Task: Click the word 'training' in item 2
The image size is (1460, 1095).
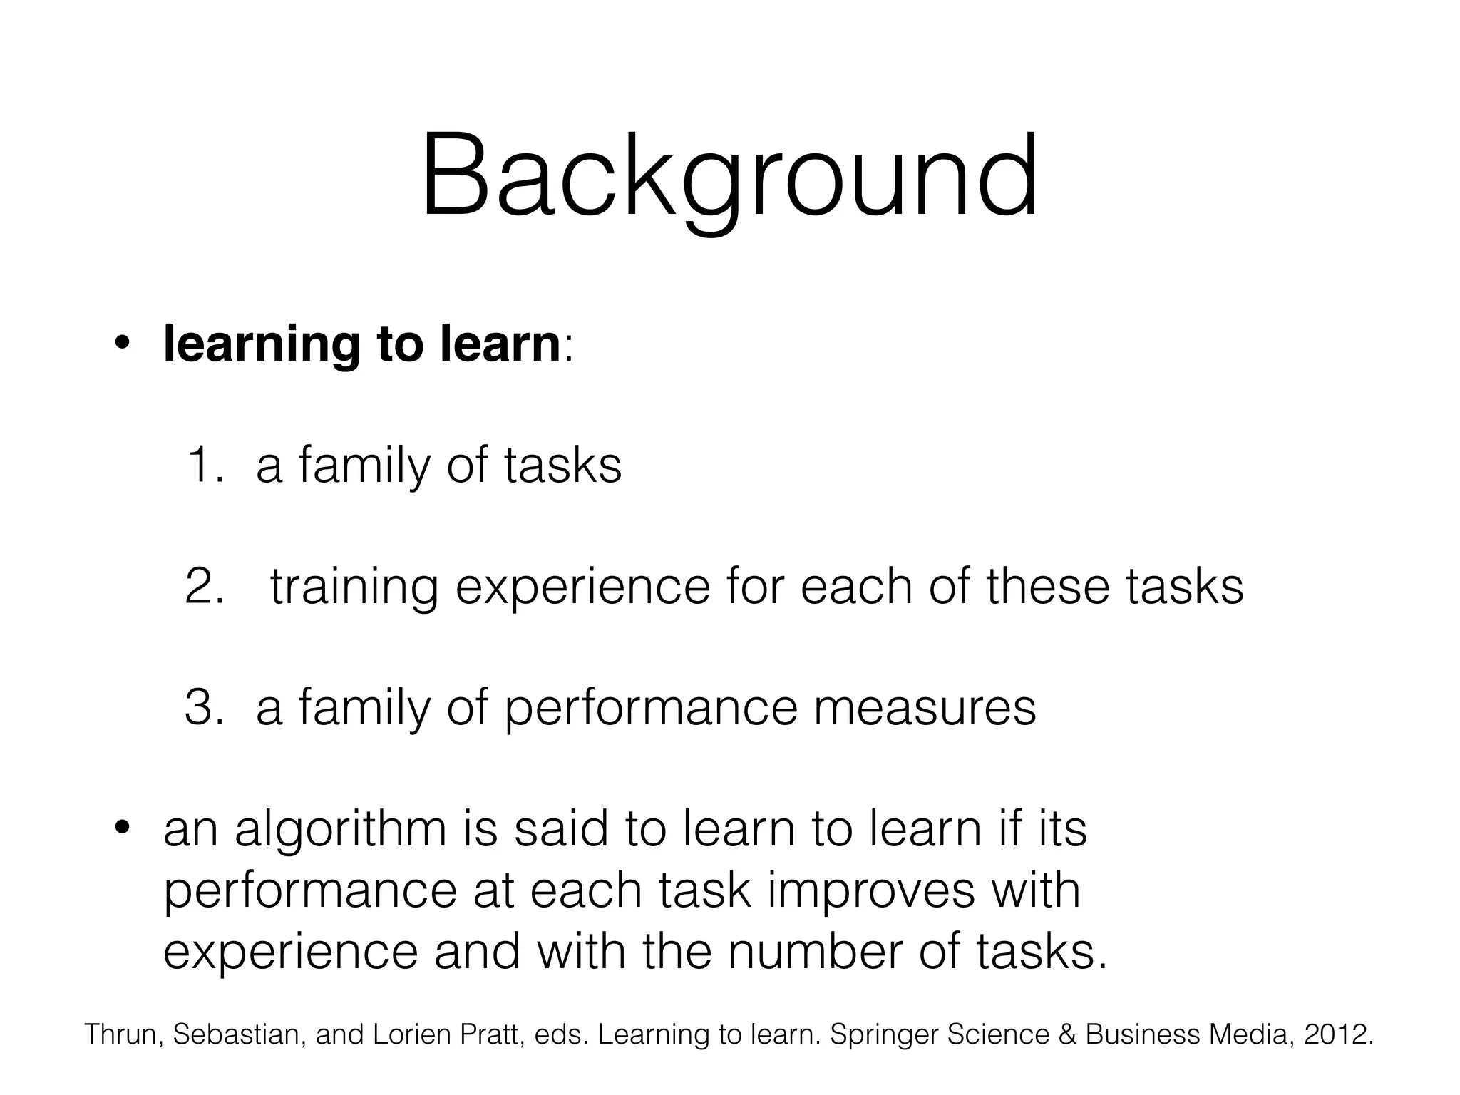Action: click(x=354, y=587)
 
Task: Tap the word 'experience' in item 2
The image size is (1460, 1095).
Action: click(x=582, y=587)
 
